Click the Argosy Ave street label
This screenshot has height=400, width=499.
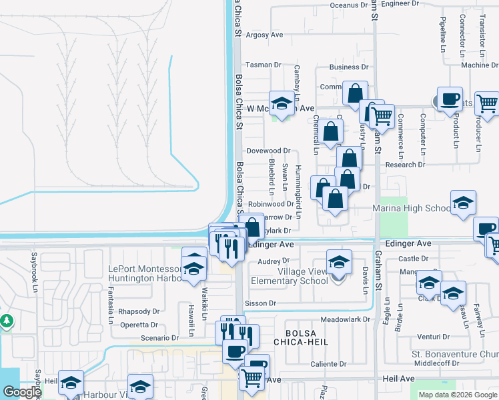pos(265,35)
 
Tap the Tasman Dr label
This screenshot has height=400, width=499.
pos(264,65)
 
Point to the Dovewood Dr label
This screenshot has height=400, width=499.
pos(269,151)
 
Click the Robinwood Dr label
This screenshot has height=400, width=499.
pos(271,204)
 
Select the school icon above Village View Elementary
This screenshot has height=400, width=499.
pos(339,261)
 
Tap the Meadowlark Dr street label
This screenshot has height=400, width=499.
pos(345,319)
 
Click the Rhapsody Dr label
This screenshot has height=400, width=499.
pos(139,311)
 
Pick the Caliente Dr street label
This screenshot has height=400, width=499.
pos(328,364)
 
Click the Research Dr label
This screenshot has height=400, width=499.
pos(405,165)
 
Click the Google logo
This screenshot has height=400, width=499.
pos(21,392)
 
